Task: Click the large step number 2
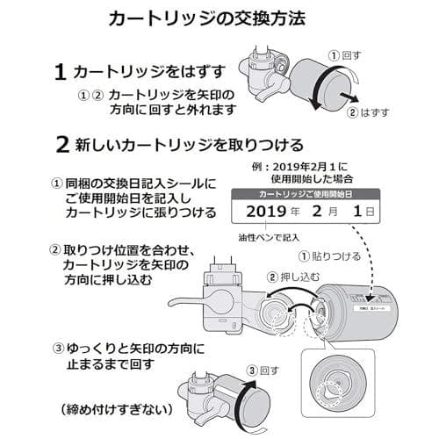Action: pos(61,144)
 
